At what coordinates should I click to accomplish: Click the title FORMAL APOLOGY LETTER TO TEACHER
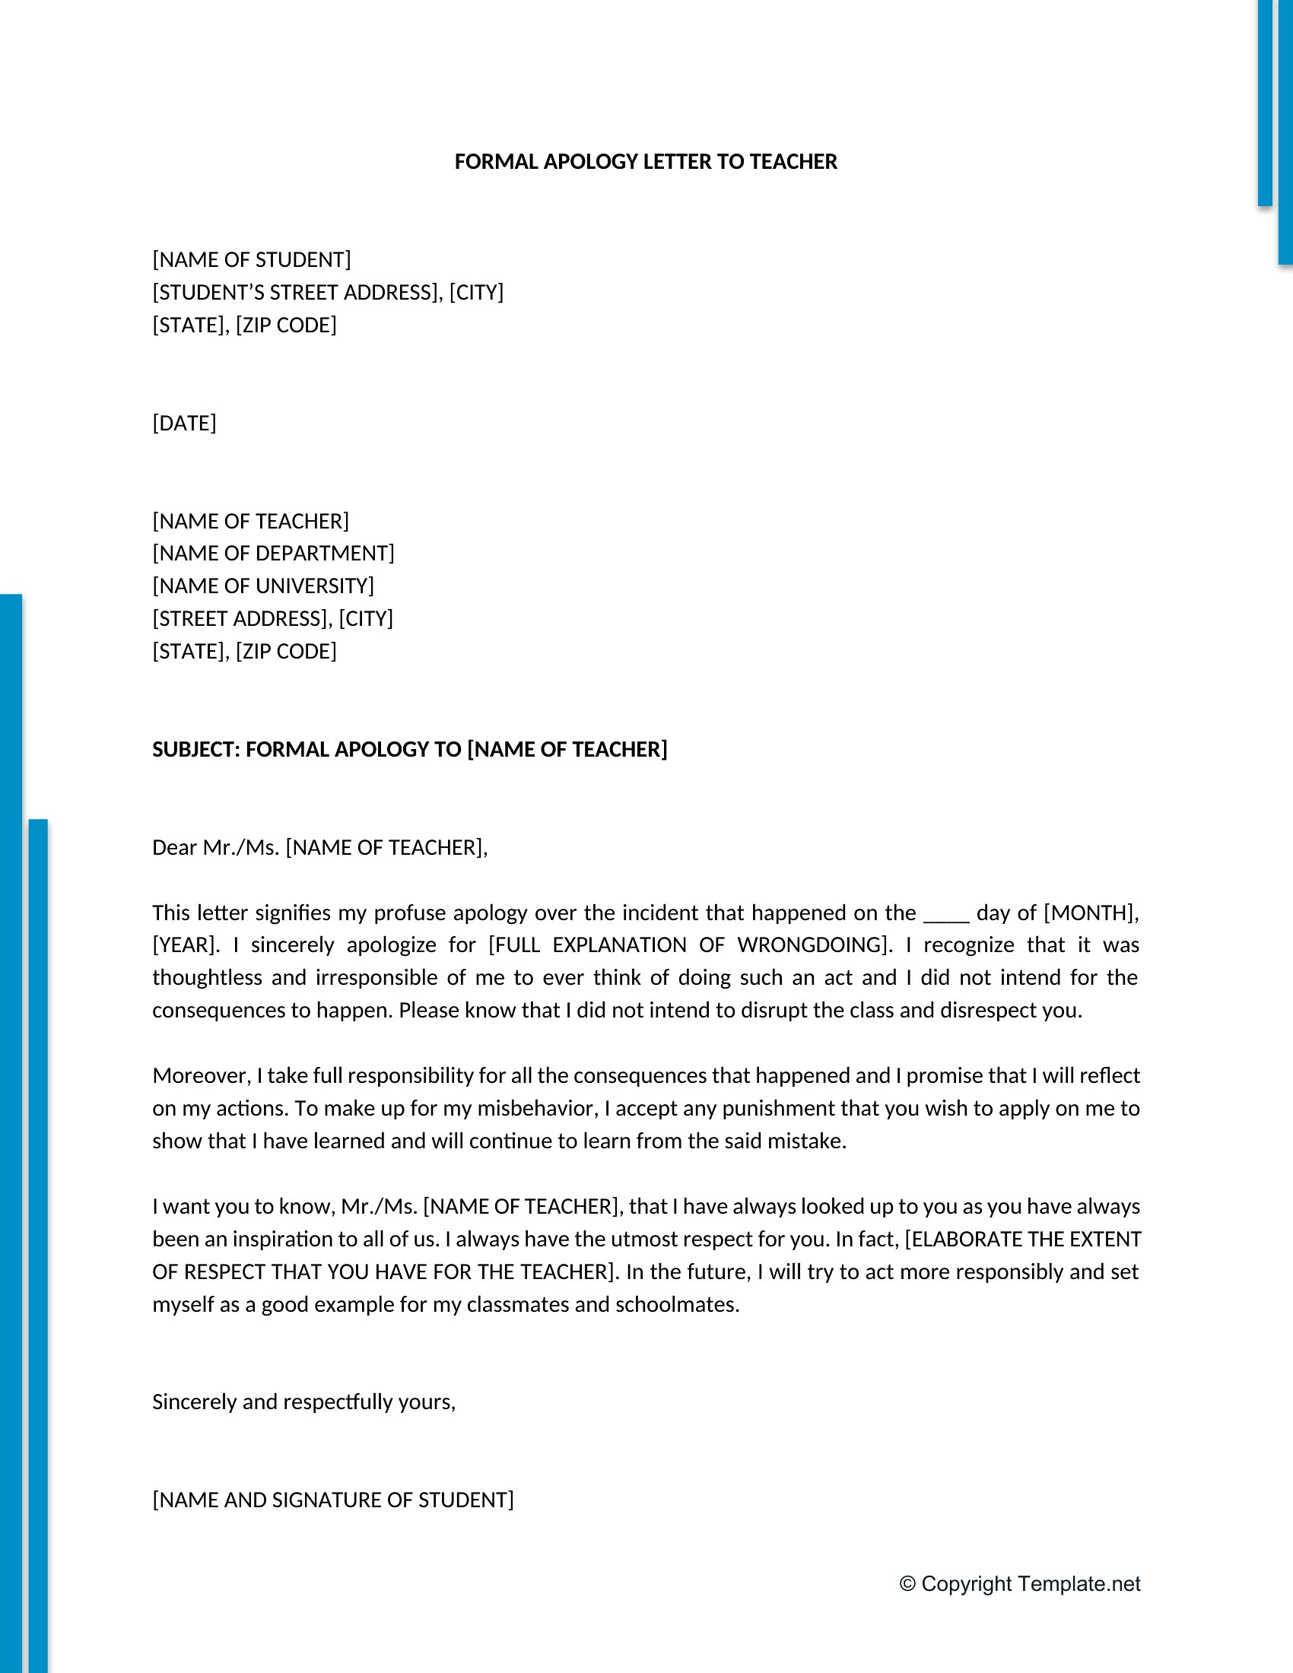pos(646,162)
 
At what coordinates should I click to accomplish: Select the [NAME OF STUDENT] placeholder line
pos(251,259)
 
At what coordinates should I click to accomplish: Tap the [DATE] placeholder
pos(184,423)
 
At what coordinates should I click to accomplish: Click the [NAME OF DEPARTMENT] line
pos(274,553)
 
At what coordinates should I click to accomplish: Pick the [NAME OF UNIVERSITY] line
pos(262,586)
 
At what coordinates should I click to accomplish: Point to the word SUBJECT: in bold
pos(196,749)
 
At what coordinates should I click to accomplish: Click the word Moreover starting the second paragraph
pos(201,1076)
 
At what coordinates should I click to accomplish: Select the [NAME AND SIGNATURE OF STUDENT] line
pos(332,1500)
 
